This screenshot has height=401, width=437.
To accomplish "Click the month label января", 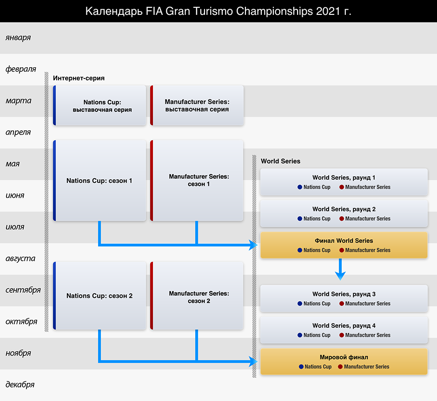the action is point(18,38).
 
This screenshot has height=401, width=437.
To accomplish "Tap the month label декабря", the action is point(20,385).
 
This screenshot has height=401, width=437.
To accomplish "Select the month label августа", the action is point(20,259).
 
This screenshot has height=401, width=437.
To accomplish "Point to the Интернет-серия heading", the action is point(79,78).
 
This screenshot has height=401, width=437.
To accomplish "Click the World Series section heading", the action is point(281,161).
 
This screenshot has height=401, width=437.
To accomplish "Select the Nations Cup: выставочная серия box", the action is point(99,105).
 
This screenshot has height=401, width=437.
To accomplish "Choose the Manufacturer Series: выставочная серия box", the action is point(197,105).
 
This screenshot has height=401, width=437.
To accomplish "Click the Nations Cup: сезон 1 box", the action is point(99,181).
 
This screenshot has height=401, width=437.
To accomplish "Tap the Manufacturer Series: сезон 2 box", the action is point(197,296).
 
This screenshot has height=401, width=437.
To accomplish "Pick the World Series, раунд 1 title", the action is point(344,178).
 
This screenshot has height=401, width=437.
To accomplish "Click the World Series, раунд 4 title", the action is point(344,326).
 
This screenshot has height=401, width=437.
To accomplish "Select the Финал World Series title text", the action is point(344,241).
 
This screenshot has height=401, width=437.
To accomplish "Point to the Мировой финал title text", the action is point(344,357).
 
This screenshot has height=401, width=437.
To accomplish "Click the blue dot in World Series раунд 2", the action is point(300,219).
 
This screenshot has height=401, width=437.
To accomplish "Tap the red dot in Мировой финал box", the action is point(340,367).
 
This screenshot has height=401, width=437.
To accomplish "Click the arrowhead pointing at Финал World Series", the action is point(253,245).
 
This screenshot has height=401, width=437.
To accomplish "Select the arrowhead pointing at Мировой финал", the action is point(253,362).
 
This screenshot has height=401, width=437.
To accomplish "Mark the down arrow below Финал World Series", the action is point(340,269).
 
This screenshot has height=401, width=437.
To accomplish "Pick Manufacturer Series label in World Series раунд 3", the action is point(368,304).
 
